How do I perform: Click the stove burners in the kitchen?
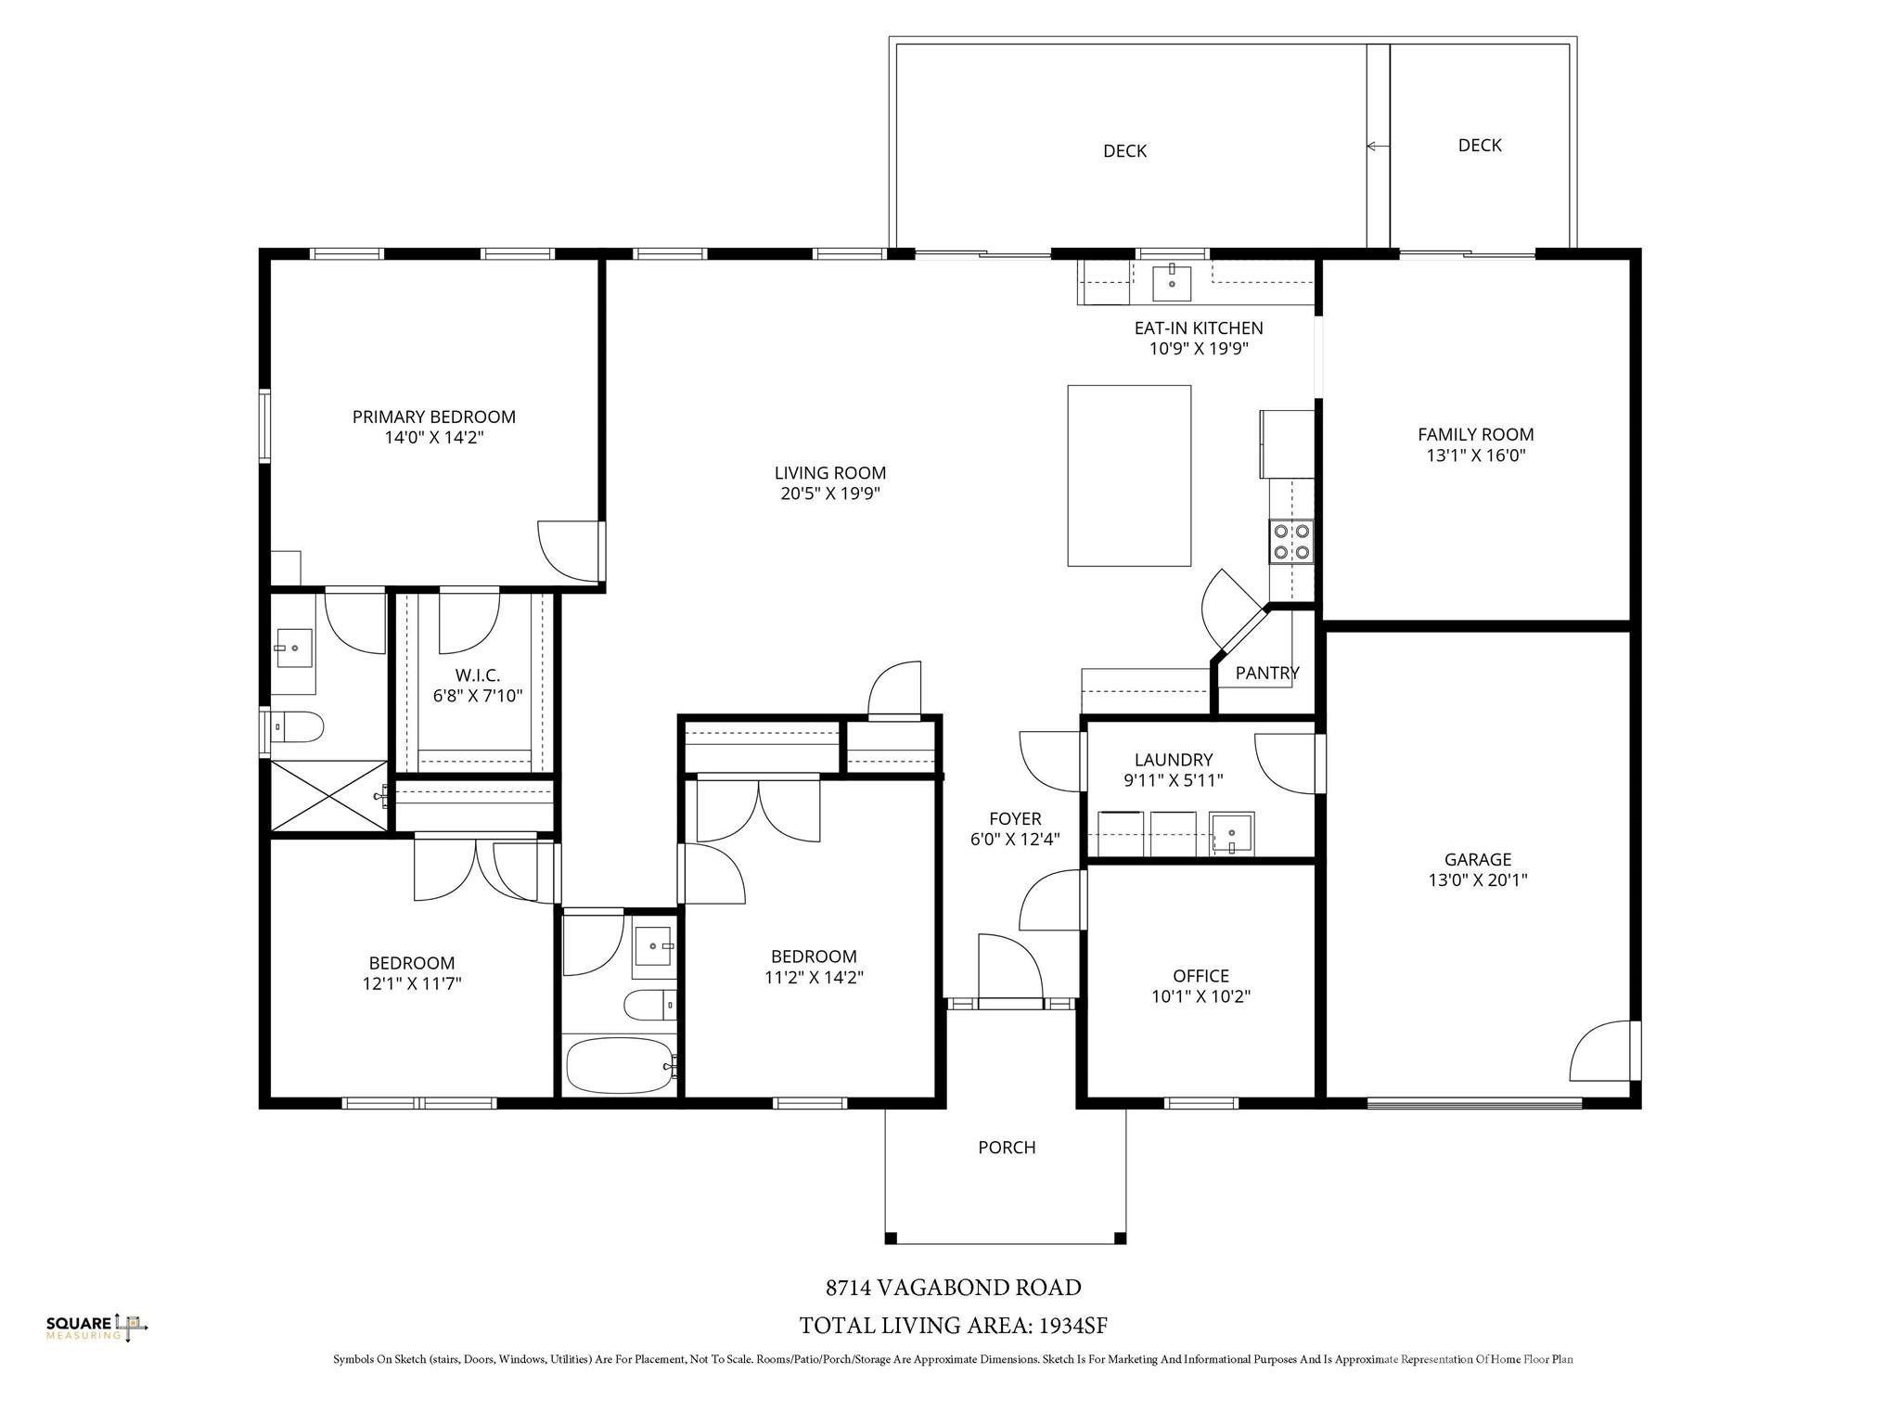[x=1291, y=542]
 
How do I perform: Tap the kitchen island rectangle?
[x=1129, y=475]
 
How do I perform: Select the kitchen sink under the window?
[x=1172, y=282]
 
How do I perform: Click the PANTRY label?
[x=1267, y=674]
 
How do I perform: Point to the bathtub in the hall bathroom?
[x=619, y=1066]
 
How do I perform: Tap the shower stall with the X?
[x=328, y=796]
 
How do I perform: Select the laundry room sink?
[x=1231, y=832]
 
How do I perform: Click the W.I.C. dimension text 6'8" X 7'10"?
[x=478, y=695]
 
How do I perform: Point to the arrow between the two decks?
[x=1377, y=146]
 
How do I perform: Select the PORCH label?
[x=1007, y=1148]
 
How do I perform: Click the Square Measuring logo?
[x=97, y=1327]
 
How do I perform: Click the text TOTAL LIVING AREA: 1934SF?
[x=953, y=1325]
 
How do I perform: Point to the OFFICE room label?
[x=1200, y=976]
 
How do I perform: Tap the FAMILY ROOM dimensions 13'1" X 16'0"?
[x=1475, y=456]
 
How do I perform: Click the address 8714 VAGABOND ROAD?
[x=953, y=1288]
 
